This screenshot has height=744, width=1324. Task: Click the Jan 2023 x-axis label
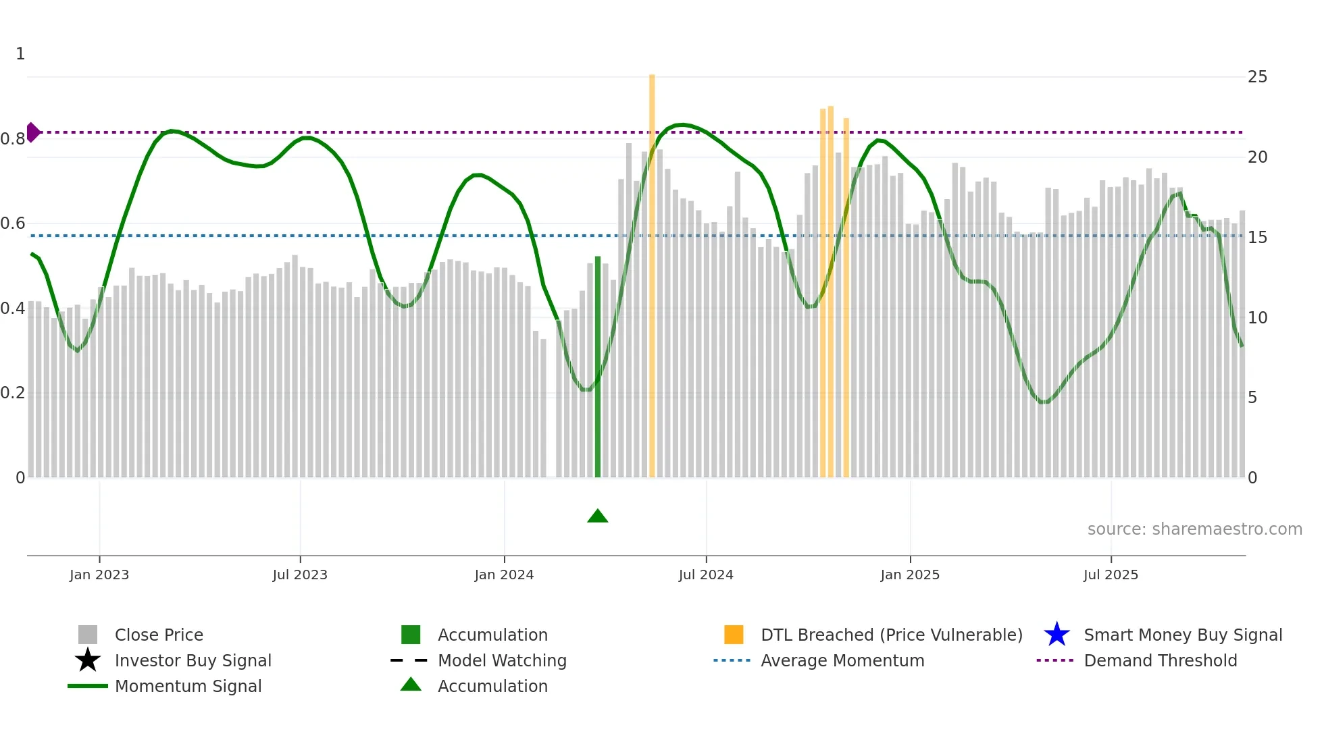[x=99, y=575]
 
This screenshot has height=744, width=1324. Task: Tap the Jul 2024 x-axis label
[x=706, y=575]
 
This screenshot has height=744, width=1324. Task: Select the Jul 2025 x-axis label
[x=1111, y=575]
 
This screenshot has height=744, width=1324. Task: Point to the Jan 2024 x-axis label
[x=504, y=575]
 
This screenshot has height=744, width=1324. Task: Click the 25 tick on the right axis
[x=1257, y=77]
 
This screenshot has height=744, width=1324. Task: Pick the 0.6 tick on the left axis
[x=14, y=223]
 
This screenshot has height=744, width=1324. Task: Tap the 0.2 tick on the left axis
[x=14, y=393]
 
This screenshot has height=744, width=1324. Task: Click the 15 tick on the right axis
[x=1257, y=238]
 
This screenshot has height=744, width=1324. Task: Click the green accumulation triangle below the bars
[x=598, y=516]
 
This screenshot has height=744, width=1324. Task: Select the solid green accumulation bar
[x=598, y=368]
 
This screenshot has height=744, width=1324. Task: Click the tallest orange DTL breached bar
[x=652, y=270]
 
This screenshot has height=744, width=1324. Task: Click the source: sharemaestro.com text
[x=1194, y=529]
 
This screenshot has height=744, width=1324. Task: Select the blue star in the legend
[x=1056, y=635]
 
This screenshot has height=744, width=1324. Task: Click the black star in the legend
[x=88, y=660]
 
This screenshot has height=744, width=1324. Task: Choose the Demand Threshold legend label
[x=1160, y=660]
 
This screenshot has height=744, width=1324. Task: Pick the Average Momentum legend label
[x=842, y=660]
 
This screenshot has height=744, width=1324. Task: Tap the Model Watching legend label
[x=502, y=660]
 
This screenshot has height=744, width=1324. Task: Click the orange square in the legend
[x=734, y=635]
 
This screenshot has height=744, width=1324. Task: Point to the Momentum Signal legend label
[x=188, y=686]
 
